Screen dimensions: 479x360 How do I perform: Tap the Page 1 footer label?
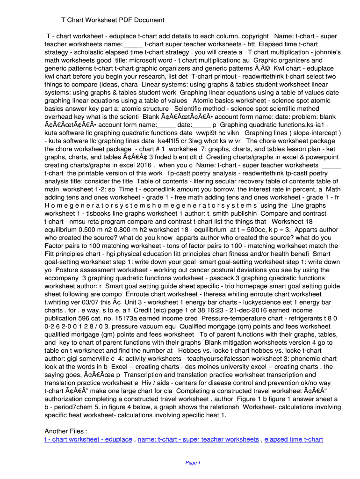click(x=193, y=463)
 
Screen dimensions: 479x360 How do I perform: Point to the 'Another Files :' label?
click(x=66, y=431)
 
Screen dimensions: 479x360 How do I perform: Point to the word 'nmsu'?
click(x=84, y=221)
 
